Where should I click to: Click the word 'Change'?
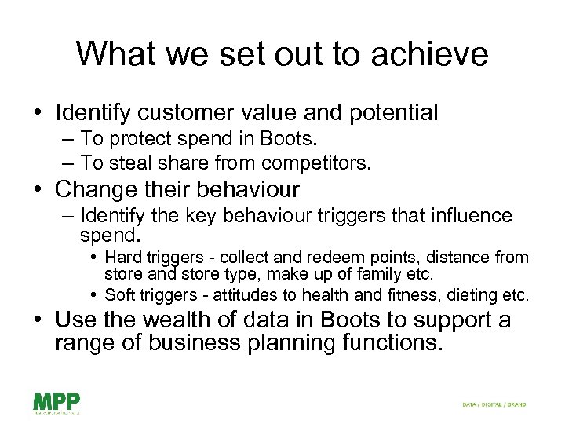click(x=94, y=189)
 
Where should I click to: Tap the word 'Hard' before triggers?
click(x=121, y=258)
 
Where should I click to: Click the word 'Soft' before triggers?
click(x=119, y=295)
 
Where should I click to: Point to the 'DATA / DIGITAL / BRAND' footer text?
click(x=494, y=404)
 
